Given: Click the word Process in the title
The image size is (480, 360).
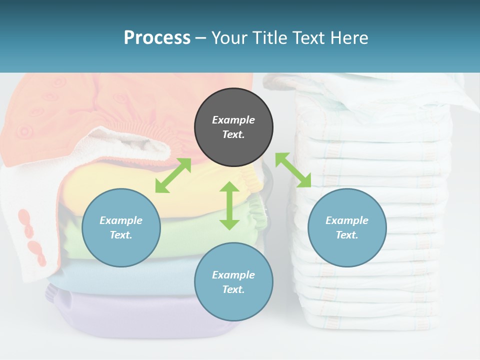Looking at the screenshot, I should (157, 38).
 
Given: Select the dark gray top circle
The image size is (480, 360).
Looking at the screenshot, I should (233, 127).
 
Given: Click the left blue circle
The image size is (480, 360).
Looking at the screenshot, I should (121, 227).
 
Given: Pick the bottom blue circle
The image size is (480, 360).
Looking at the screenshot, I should (233, 282).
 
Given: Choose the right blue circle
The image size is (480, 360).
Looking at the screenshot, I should (347, 227).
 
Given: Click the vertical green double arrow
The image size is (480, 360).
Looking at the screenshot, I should (229, 205).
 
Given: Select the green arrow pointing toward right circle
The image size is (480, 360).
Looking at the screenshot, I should (293, 170).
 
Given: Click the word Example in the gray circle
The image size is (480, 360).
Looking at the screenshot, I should (233, 120).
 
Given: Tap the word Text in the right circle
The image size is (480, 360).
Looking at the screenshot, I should (347, 235).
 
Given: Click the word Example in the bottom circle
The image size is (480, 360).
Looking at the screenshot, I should (233, 274).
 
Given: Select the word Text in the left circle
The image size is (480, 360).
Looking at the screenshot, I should (121, 235).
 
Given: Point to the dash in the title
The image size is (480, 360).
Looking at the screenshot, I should (201, 38).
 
